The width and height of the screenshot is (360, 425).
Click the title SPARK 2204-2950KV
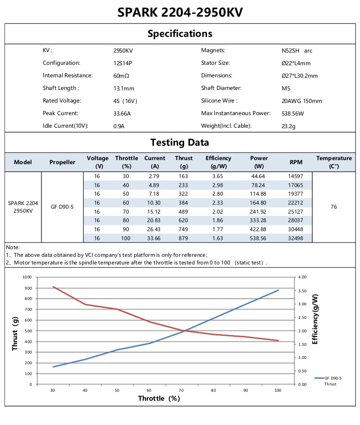(180, 12)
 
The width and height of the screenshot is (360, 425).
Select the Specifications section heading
(180, 34)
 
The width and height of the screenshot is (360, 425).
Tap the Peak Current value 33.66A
(122, 114)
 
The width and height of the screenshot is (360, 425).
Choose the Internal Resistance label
(67, 76)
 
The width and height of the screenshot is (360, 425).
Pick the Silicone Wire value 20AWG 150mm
(301, 101)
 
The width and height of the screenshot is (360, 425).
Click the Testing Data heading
(180, 143)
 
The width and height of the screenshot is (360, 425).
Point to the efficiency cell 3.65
(218, 176)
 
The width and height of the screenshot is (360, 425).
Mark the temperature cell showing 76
(333, 207)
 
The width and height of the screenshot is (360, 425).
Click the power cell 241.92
(259, 211)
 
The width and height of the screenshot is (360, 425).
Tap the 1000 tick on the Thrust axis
(27, 277)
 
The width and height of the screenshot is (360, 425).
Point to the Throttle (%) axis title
(159, 398)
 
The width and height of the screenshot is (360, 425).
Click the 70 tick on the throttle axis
(181, 390)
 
